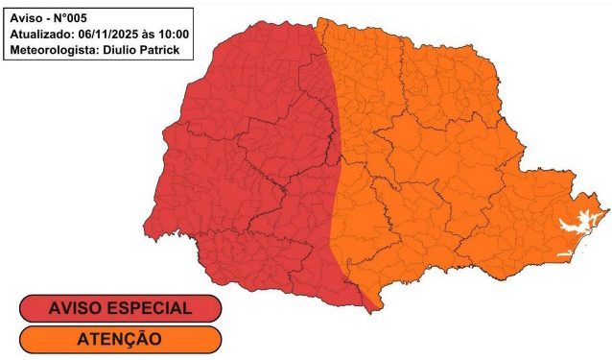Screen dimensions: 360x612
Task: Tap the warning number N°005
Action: (75, 17)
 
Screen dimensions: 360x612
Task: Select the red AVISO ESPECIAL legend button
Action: (119, 309)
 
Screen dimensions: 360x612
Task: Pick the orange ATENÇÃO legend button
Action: (119, 338)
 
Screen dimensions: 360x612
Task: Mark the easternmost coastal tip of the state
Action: (607, 205)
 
